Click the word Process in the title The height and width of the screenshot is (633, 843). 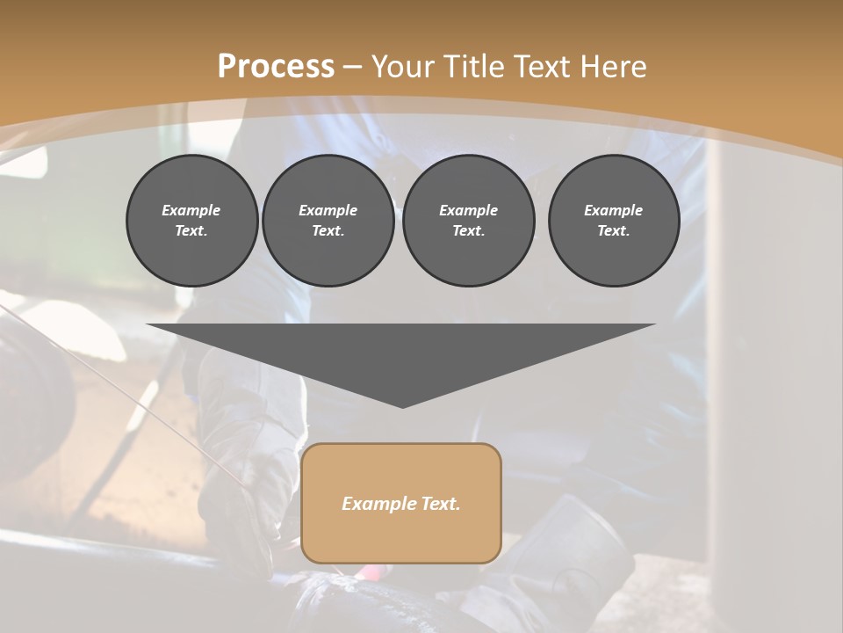276,67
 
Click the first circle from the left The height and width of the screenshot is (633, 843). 191,221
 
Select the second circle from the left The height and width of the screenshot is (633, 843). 328,221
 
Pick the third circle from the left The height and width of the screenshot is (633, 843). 468,221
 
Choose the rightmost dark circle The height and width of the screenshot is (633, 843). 614,221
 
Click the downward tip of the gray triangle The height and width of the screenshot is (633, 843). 402,405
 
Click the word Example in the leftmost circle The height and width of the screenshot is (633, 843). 191,210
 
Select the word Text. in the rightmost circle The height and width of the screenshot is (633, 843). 614,231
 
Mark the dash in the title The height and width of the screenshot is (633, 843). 353,67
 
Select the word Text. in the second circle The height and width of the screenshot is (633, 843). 328,231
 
